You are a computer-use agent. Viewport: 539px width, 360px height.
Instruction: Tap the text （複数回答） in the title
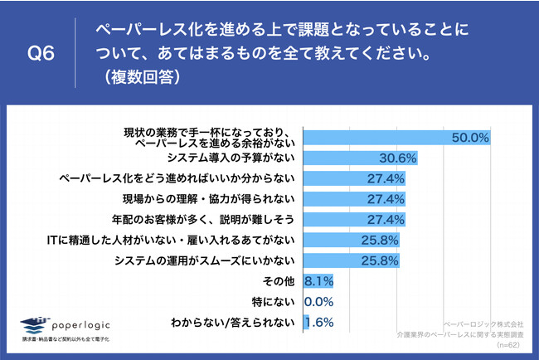coord(140,79)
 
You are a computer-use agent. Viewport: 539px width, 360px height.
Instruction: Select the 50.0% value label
coord(470,138)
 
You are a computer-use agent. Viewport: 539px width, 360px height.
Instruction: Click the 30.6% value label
coord(396,158)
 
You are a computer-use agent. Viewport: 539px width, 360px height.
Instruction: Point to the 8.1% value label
coord(320,281)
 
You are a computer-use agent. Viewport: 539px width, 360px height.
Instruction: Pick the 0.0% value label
coord(320,302)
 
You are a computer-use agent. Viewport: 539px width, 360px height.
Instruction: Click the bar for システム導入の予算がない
coord(361,158)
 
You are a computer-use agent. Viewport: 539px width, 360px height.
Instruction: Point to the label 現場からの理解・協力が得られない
coord(214,199)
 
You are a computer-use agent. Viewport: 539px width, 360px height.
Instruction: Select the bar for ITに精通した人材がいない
coord(352,241)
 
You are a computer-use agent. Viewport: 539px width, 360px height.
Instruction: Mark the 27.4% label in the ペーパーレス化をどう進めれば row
coord(386,178)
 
